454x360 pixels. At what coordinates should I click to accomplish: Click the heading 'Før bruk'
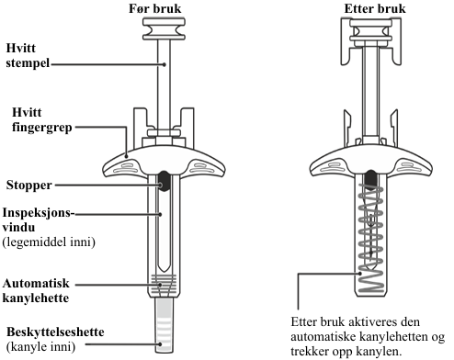click(155, 8)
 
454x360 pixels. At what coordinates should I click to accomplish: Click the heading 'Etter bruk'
click(375, 8)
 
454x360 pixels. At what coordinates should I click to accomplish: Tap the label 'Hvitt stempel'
click(28, 55)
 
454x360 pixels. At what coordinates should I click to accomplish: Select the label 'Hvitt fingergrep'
click(42, 119)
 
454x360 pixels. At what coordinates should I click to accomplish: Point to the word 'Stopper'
click(29, 186)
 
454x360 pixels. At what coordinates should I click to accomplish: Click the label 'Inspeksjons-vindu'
click(39, 219)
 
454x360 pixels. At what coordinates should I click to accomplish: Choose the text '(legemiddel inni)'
click(49, 242)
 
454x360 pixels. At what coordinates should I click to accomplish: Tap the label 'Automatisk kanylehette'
click(36, 290)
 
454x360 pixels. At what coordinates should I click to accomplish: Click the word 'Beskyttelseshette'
click(55, 332)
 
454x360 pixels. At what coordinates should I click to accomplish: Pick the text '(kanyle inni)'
click(40, 347)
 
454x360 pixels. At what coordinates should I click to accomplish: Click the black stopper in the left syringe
click(165, 181)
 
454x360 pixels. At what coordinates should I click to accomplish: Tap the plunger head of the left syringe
click(164, 29)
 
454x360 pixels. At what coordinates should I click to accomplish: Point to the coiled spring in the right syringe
click(371, 237)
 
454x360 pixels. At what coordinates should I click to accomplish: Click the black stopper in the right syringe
click(371, 178)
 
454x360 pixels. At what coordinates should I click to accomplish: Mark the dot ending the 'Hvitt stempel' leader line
click(165, 64)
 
